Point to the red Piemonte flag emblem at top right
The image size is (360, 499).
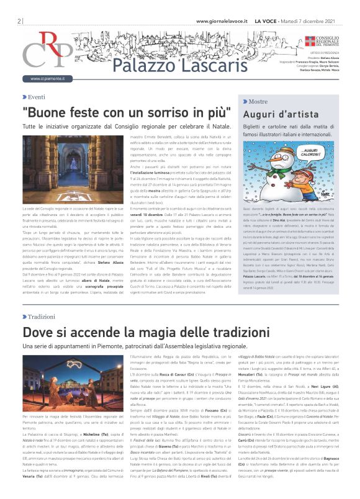pos(294,40)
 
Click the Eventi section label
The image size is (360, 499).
pos(36,97)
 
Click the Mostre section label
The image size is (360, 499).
pos(257,101)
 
